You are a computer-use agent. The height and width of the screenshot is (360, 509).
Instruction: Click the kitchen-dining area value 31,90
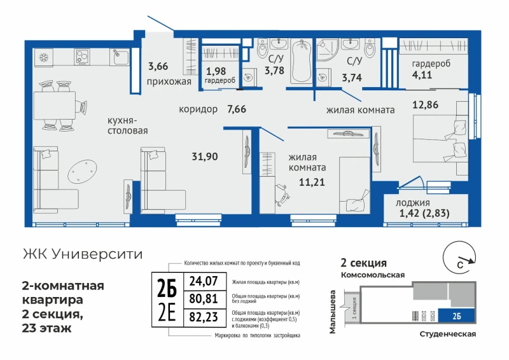pos(205,156)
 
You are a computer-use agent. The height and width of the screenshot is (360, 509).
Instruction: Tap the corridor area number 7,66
pos(237,109)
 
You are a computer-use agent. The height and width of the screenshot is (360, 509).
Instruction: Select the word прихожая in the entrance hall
pos(169,81)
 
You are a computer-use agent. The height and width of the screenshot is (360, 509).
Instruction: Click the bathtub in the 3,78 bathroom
pos(302,62)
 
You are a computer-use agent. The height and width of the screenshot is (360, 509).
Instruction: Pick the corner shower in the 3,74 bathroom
pos(326,49)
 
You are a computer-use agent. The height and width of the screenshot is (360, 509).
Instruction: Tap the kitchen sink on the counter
pos(119,57)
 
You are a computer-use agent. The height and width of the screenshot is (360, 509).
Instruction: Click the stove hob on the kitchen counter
pos(82,57)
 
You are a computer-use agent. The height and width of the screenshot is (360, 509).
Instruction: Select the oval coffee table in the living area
pos(83,171)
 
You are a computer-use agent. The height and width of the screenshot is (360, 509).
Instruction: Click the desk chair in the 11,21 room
pos(282,195)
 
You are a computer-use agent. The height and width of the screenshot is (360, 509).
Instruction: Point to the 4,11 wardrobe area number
pos(422,74)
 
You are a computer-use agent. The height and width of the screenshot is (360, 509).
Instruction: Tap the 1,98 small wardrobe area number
pos(216,71)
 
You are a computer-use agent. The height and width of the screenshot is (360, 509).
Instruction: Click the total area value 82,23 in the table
pos(204,317)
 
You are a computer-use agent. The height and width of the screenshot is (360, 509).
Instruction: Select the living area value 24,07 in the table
pos(204,280)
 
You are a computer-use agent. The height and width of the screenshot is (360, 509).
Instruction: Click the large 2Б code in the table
pos(167,289)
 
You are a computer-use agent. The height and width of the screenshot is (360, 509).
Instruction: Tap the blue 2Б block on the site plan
pos(456,315)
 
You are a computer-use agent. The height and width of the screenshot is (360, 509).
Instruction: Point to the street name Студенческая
pos(448,334)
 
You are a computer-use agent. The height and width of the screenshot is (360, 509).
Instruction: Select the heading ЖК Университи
pos(83,254)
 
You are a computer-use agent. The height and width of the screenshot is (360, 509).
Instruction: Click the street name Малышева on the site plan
pos(333,312)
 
